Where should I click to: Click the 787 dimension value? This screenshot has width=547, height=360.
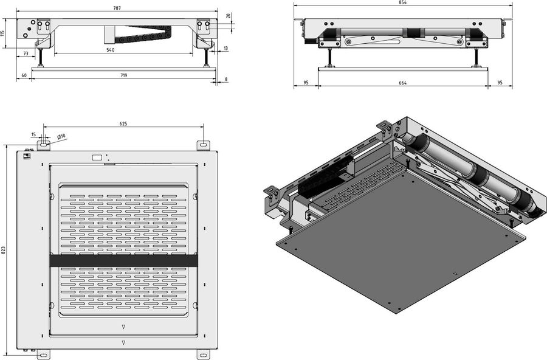[x=115, y=8]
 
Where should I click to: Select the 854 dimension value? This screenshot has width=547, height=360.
[x=403, y=3]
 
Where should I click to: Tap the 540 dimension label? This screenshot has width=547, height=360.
[x=110, y=50]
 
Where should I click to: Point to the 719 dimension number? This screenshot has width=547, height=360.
[x=123, y=75]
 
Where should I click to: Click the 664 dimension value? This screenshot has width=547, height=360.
[x=402, y=83]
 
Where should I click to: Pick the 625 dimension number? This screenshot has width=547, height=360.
[x=123, y=123]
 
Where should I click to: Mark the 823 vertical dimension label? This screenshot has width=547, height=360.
[x=4, y=249]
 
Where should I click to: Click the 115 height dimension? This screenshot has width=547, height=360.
[x=4, y=34]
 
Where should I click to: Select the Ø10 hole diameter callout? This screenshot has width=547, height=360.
[x=61, y=136]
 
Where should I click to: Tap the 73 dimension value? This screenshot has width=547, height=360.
[x=26, y=54]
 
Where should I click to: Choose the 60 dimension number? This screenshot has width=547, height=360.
[x=24, y=75]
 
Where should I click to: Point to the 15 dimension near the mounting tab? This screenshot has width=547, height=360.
[x=33, y=134]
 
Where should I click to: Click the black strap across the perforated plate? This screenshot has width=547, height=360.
[x=123, y=260]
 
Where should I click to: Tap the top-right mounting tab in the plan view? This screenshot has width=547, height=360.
[x=203, y=145]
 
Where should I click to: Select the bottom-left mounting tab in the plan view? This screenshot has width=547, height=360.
[x=43, y=353]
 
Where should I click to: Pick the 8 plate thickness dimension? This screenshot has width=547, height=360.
[x=226, y=79]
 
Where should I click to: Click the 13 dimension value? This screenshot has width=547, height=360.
[x=225, y=48]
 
